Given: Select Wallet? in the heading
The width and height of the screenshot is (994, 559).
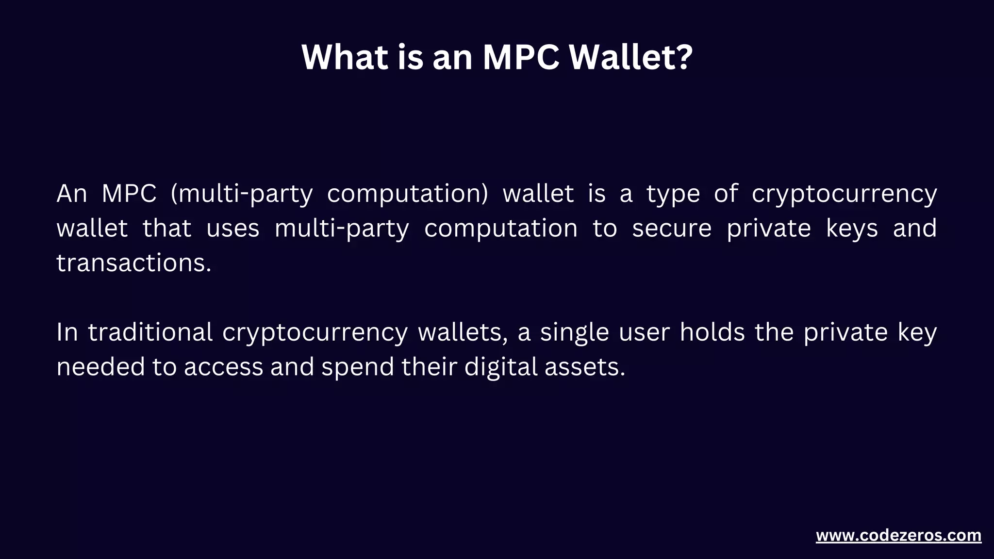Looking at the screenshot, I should [x=630, y=57].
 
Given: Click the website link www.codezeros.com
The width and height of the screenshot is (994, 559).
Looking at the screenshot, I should [x=898, y=536].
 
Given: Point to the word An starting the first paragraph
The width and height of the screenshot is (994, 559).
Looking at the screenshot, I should [x=71, y=194].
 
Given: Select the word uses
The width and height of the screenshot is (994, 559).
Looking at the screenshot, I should [x=233, y=229].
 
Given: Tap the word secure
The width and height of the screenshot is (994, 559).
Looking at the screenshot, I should [x=672, y=229].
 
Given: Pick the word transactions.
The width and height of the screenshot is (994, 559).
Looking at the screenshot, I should [x=134, y=263].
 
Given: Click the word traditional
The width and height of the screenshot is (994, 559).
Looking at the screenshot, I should [x=150, y=332].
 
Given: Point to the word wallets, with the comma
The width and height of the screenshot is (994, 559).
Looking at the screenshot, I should [x=463, y=332].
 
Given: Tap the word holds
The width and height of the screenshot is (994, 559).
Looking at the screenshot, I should [x=712, y=332].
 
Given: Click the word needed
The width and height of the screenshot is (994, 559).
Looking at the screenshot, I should [x=100, y=367].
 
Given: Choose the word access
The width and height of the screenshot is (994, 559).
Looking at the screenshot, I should [x=223, y=367].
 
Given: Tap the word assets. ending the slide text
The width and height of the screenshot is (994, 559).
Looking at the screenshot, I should [x=585, y=367].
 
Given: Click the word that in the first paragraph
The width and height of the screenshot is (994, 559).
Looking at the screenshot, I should [x=167, y=229].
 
